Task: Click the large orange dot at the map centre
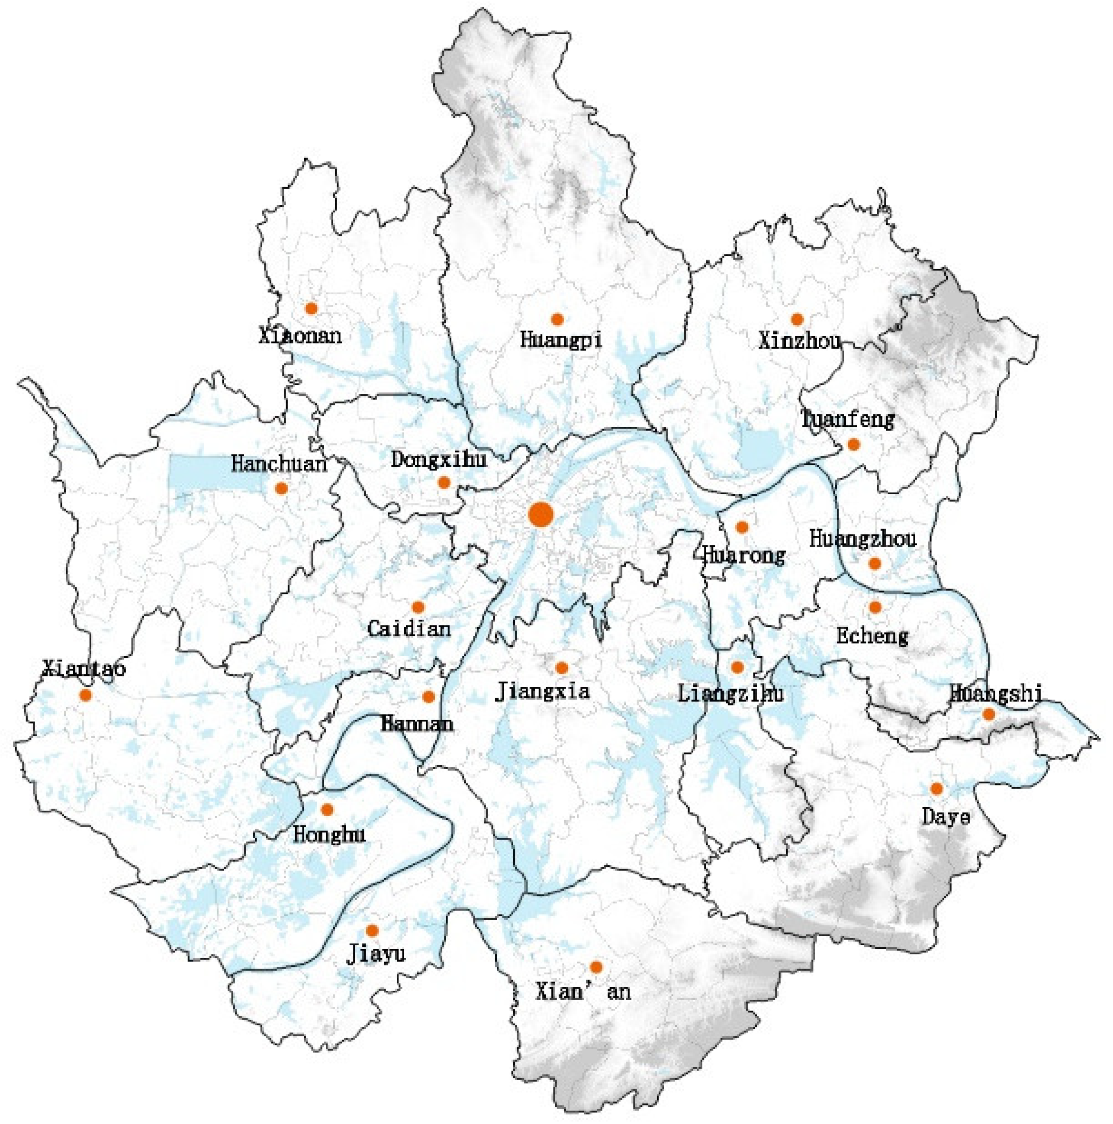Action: point(540,515)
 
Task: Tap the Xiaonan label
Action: point(300,336)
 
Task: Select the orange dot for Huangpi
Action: point(557,319)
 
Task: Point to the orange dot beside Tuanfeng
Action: point(853,444)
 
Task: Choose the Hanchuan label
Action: point(279,464)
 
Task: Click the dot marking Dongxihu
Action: point(444,482)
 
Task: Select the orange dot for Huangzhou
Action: point(875,563)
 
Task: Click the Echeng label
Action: point(872,636)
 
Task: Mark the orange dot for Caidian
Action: point(418,607)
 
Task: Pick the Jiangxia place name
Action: point(542,691)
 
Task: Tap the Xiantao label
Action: point(84,669)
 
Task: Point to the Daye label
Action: point(946,818)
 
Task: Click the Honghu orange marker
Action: point(327,809)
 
